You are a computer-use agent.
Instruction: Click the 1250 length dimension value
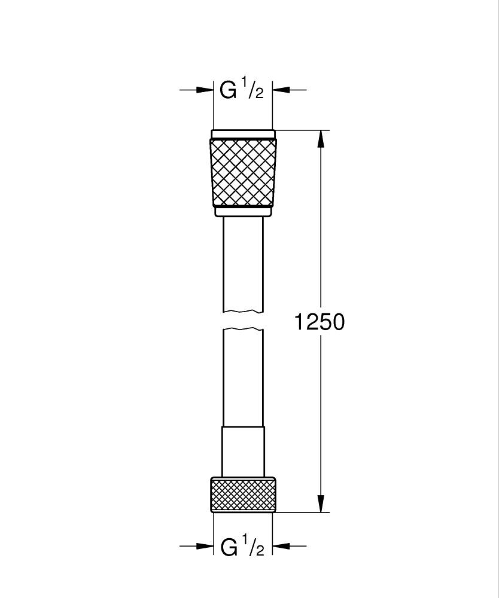[320, 322]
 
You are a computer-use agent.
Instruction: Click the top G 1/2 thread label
[242, 90]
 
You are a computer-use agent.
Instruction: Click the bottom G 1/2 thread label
[242, 547]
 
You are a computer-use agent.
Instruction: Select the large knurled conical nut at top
[243, 172]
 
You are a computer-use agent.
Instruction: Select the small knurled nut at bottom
[243, 495]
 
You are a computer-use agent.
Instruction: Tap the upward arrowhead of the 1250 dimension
[322, 139]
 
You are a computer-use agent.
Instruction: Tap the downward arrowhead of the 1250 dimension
[322, 504]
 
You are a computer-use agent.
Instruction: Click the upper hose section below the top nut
[243, 263]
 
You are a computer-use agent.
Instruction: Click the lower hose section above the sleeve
[243, 377]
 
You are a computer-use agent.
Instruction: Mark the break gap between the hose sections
[243, 320]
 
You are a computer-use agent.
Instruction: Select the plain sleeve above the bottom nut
[243, 451]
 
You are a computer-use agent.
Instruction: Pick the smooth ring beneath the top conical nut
[243, 211]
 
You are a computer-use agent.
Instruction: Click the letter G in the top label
[228, 90]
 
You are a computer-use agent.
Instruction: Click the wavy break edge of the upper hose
[243, 311]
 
